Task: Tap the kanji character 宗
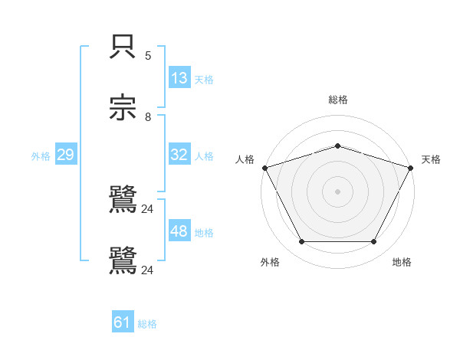click(123, 108)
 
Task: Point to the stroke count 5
click(148, 56)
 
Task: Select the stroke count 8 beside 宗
click(148, 117)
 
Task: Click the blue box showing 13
click(179, 78)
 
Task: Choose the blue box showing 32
click(179, 155)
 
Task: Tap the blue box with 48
click(179, 231)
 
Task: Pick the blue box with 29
click(65, 155)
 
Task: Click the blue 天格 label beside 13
click(204, 79)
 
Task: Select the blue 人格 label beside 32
click(204, 155)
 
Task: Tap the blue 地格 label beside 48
click(204, 232)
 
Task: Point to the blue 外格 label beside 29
click(41, 155)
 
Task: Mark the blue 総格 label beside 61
click(147, 324)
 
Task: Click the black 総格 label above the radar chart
click(338, 100)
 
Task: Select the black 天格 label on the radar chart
click(431, 159)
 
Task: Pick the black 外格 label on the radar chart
click(270, 262)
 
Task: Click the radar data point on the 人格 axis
click(264, 168)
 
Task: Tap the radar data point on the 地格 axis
click(374, 242)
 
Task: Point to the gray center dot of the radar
click(338, 191)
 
